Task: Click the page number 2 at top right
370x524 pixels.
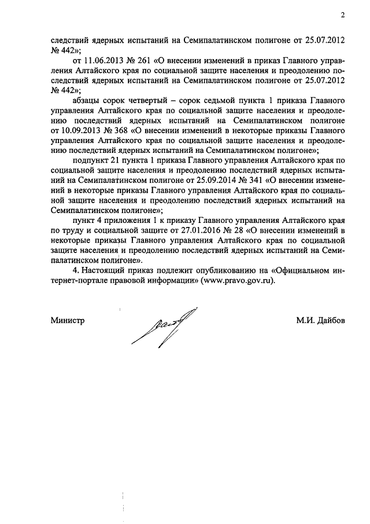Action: coord(343,16)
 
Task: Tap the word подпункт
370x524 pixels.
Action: coord(94,160)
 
